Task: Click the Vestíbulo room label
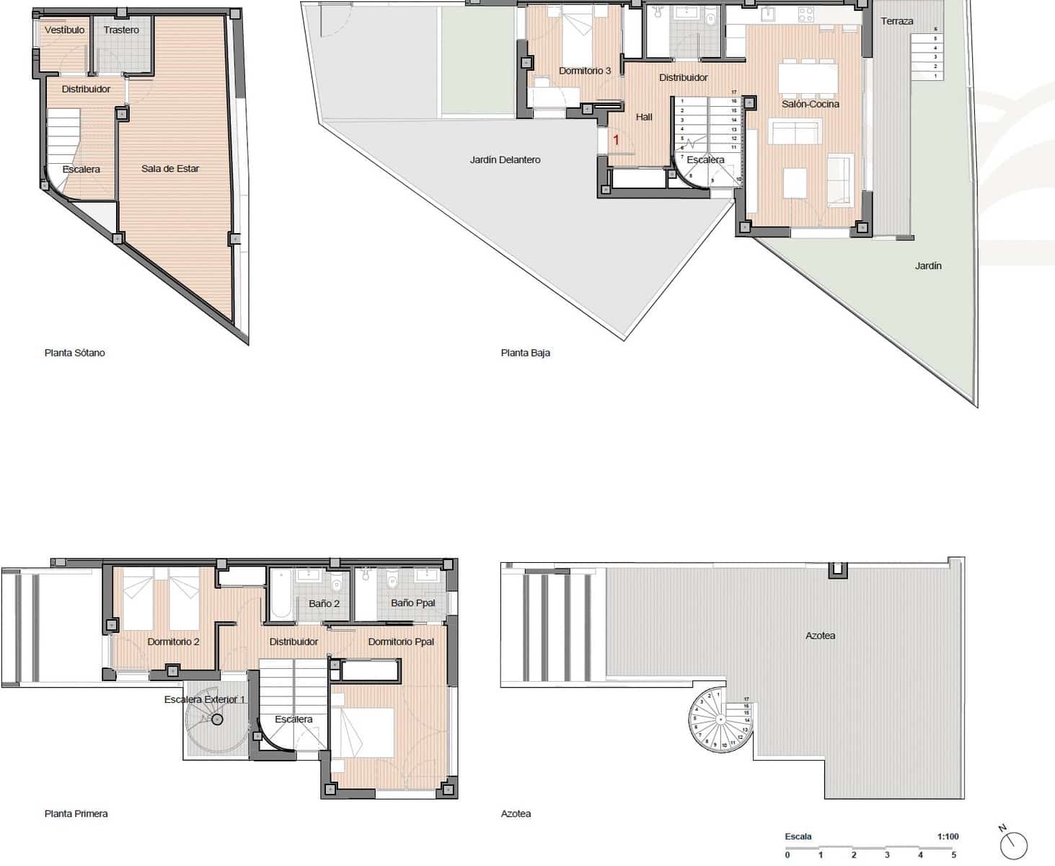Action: click(x=64, y=30)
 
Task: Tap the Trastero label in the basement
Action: click(x=121, y=30)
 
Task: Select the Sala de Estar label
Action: click(x=170, y=169)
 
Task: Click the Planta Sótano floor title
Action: click(x=75, y=353)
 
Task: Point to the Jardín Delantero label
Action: click(x=505, y=160)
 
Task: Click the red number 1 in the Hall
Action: click(x=616, y=140)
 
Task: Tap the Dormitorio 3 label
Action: click(x=585, y=71)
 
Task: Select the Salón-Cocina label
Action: click(x=811, y=104)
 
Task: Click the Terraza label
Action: click(x=897, y=22)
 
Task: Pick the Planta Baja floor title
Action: click(x=526, y=353)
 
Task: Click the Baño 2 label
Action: click(x=324, y=603)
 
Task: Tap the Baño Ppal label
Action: click(x=413, y=603)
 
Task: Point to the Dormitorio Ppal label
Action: click(x=401, y=642)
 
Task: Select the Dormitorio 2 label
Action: click(x=174, y=642)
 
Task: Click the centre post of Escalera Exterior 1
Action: click(x=217, y=720)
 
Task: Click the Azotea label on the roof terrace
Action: click(x=820, y=636)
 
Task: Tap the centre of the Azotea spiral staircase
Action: click(x=720, y=719)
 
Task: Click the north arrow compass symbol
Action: click(x=1013, y=844)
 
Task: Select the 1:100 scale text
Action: click(x=948, y=837)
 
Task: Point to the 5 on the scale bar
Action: click(x=953, y=855)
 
